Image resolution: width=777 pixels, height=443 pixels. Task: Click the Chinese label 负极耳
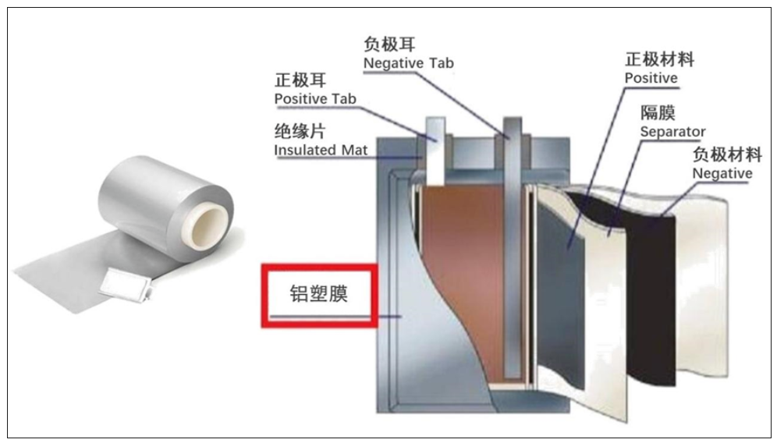click(x=389, y=44)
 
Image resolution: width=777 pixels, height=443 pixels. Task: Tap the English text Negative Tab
click(x=408, y=63)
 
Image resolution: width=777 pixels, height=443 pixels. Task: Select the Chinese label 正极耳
click(x=300, y=80)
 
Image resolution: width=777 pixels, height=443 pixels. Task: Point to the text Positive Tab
click(x=315, y=98)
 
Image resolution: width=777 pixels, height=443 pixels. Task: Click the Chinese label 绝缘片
click(x=300, y=131)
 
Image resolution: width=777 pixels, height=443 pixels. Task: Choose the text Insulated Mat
click(x=321, y=150)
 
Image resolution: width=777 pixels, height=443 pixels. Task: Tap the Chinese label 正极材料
click(x=659, y=59)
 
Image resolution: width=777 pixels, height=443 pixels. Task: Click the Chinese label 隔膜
click(x=658, y=113)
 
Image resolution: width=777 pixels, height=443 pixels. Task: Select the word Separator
click(x=672, y=132)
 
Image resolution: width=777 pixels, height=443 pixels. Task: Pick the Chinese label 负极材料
click(x=727, y=154)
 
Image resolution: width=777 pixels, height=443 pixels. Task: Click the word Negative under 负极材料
click(x=722, y=173)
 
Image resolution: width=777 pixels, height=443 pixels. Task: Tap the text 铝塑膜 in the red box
click(x=318, y=293)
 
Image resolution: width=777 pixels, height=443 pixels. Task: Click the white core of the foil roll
click(x=205, y=225)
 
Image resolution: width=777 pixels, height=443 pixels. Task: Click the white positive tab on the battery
click(x=435, y=151)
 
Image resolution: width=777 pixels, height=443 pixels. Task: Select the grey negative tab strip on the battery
click(x=513, y=248)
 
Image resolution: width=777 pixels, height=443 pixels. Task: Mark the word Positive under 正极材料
click(x=651, y=78)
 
